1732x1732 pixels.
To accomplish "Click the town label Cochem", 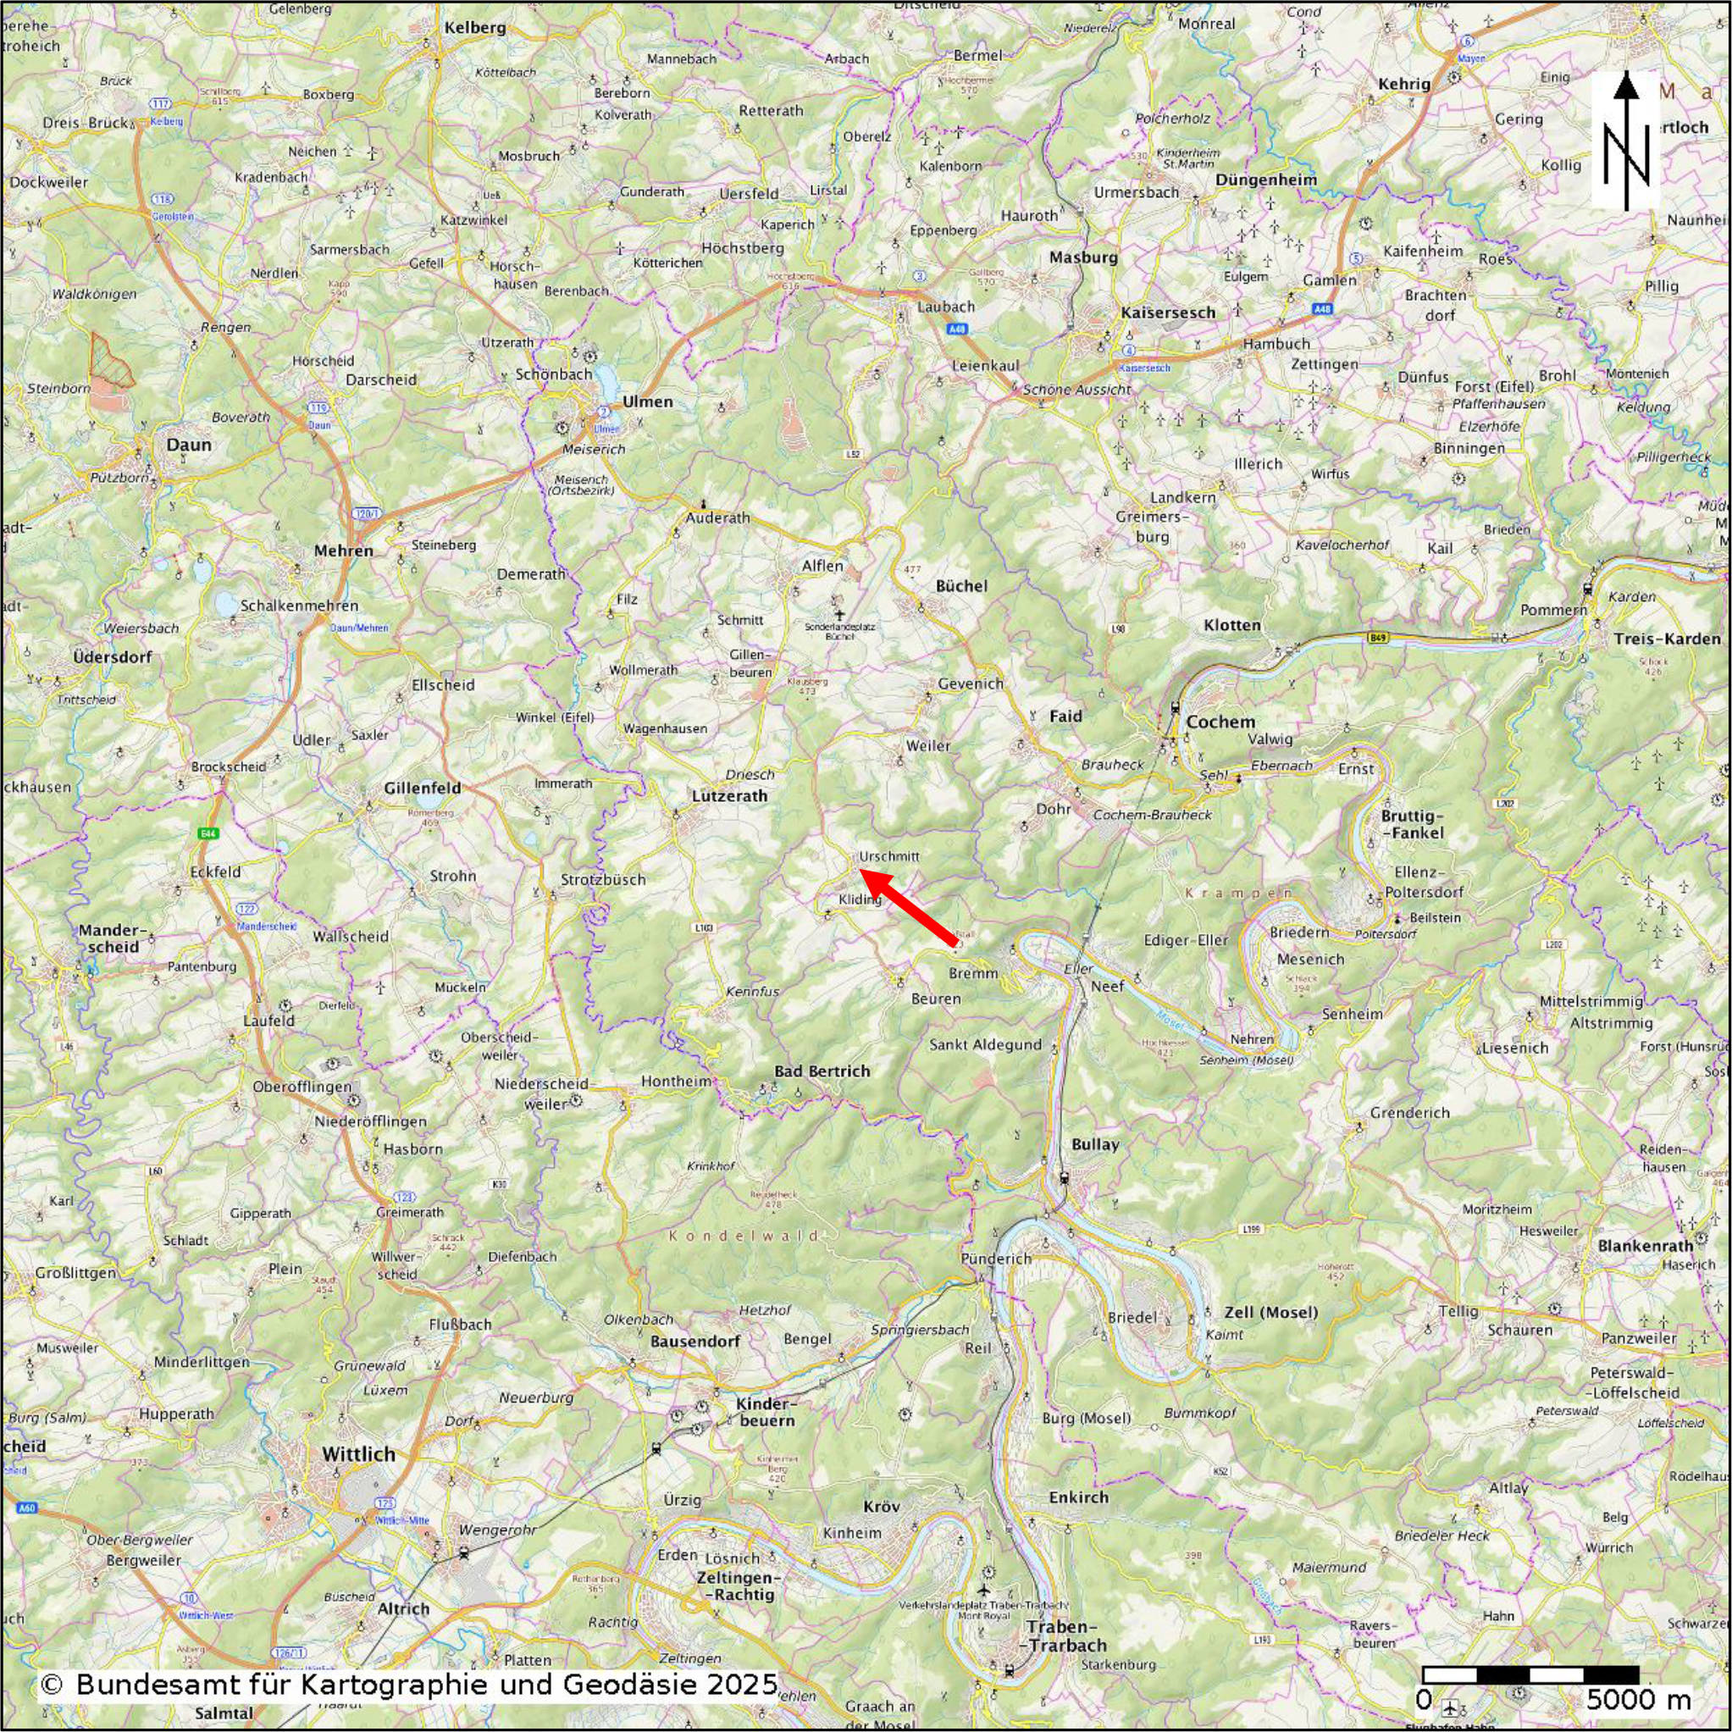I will pyautogui.click(x=1220, y=722).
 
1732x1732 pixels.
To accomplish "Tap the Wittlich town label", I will pyautogui.click(x=357, y=1454).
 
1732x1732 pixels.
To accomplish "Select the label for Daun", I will pyautogui.click(x=189, y=445).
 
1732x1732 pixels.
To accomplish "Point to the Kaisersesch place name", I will pyautogui.click(x=1167, y=312).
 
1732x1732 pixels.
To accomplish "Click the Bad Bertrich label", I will pyautogui.click(x=822, y=1071).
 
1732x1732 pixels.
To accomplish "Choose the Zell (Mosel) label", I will pyautogui.click(x=1270, y=1313).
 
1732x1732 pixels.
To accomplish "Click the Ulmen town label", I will pyautogui.click(x=647, y=401).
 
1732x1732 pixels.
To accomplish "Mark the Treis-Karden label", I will pyautogui.click(x=1666, y=639).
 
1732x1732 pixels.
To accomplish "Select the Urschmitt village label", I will pyautogui.click(x=888, y=856).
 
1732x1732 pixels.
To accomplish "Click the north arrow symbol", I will pyautogui.click(x=1626, y=141).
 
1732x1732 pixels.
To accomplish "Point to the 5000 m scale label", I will pyautogui.click(x=1639, y=1699).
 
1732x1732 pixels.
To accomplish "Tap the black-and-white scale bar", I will pyautogui.click(x=1530, y=1674).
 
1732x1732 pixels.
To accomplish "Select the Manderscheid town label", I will pyautogui.click(x=108, y=938).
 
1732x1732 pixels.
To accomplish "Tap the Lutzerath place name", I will pyautogui.click(x=729, y=795).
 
